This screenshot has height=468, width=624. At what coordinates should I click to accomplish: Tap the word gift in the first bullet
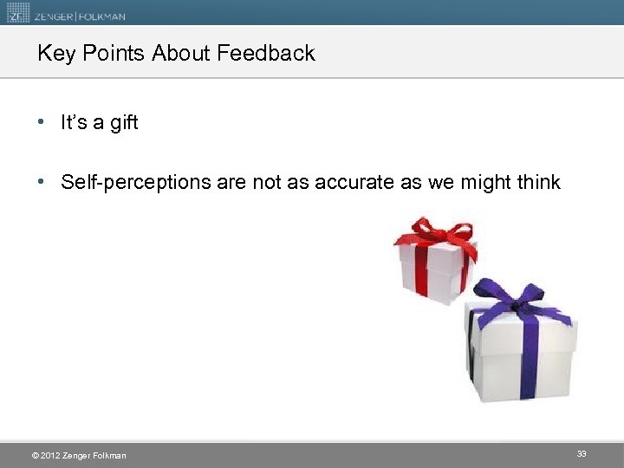click(124, 123)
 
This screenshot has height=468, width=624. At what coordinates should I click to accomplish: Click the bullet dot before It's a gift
click(42, 123)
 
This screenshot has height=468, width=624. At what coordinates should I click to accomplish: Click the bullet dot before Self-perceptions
click(42, 182)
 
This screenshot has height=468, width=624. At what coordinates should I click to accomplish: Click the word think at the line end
click(537, 182)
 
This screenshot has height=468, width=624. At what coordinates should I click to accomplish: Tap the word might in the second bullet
click(480, 182)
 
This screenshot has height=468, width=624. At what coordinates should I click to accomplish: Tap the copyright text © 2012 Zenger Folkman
click(78, 456)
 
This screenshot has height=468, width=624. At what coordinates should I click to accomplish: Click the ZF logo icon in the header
click(17, 12)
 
